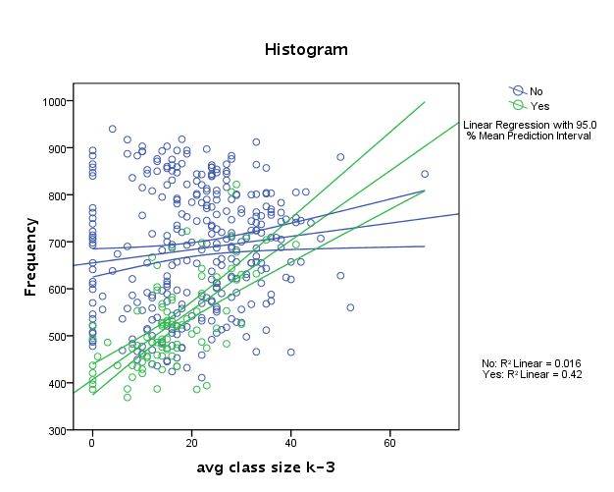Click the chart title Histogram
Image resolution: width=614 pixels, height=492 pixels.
click(306, 49)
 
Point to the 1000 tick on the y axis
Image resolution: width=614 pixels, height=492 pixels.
click(53, 101)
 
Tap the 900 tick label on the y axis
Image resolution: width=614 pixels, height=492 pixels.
click(56, 148)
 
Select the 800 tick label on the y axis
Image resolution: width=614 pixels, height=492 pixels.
click(56, 195)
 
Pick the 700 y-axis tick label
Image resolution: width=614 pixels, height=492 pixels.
click(56, 242)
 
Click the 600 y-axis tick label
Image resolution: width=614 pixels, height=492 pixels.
click(56, 289)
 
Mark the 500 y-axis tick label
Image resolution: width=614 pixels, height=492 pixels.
click(56, 336)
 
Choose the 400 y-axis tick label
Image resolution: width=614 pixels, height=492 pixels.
click(56, 383)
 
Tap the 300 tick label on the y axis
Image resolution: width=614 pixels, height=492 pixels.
click(56, 430)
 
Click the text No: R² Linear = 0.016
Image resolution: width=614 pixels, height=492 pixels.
click(539, 362)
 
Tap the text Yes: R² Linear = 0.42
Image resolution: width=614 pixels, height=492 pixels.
click(539, 374)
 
